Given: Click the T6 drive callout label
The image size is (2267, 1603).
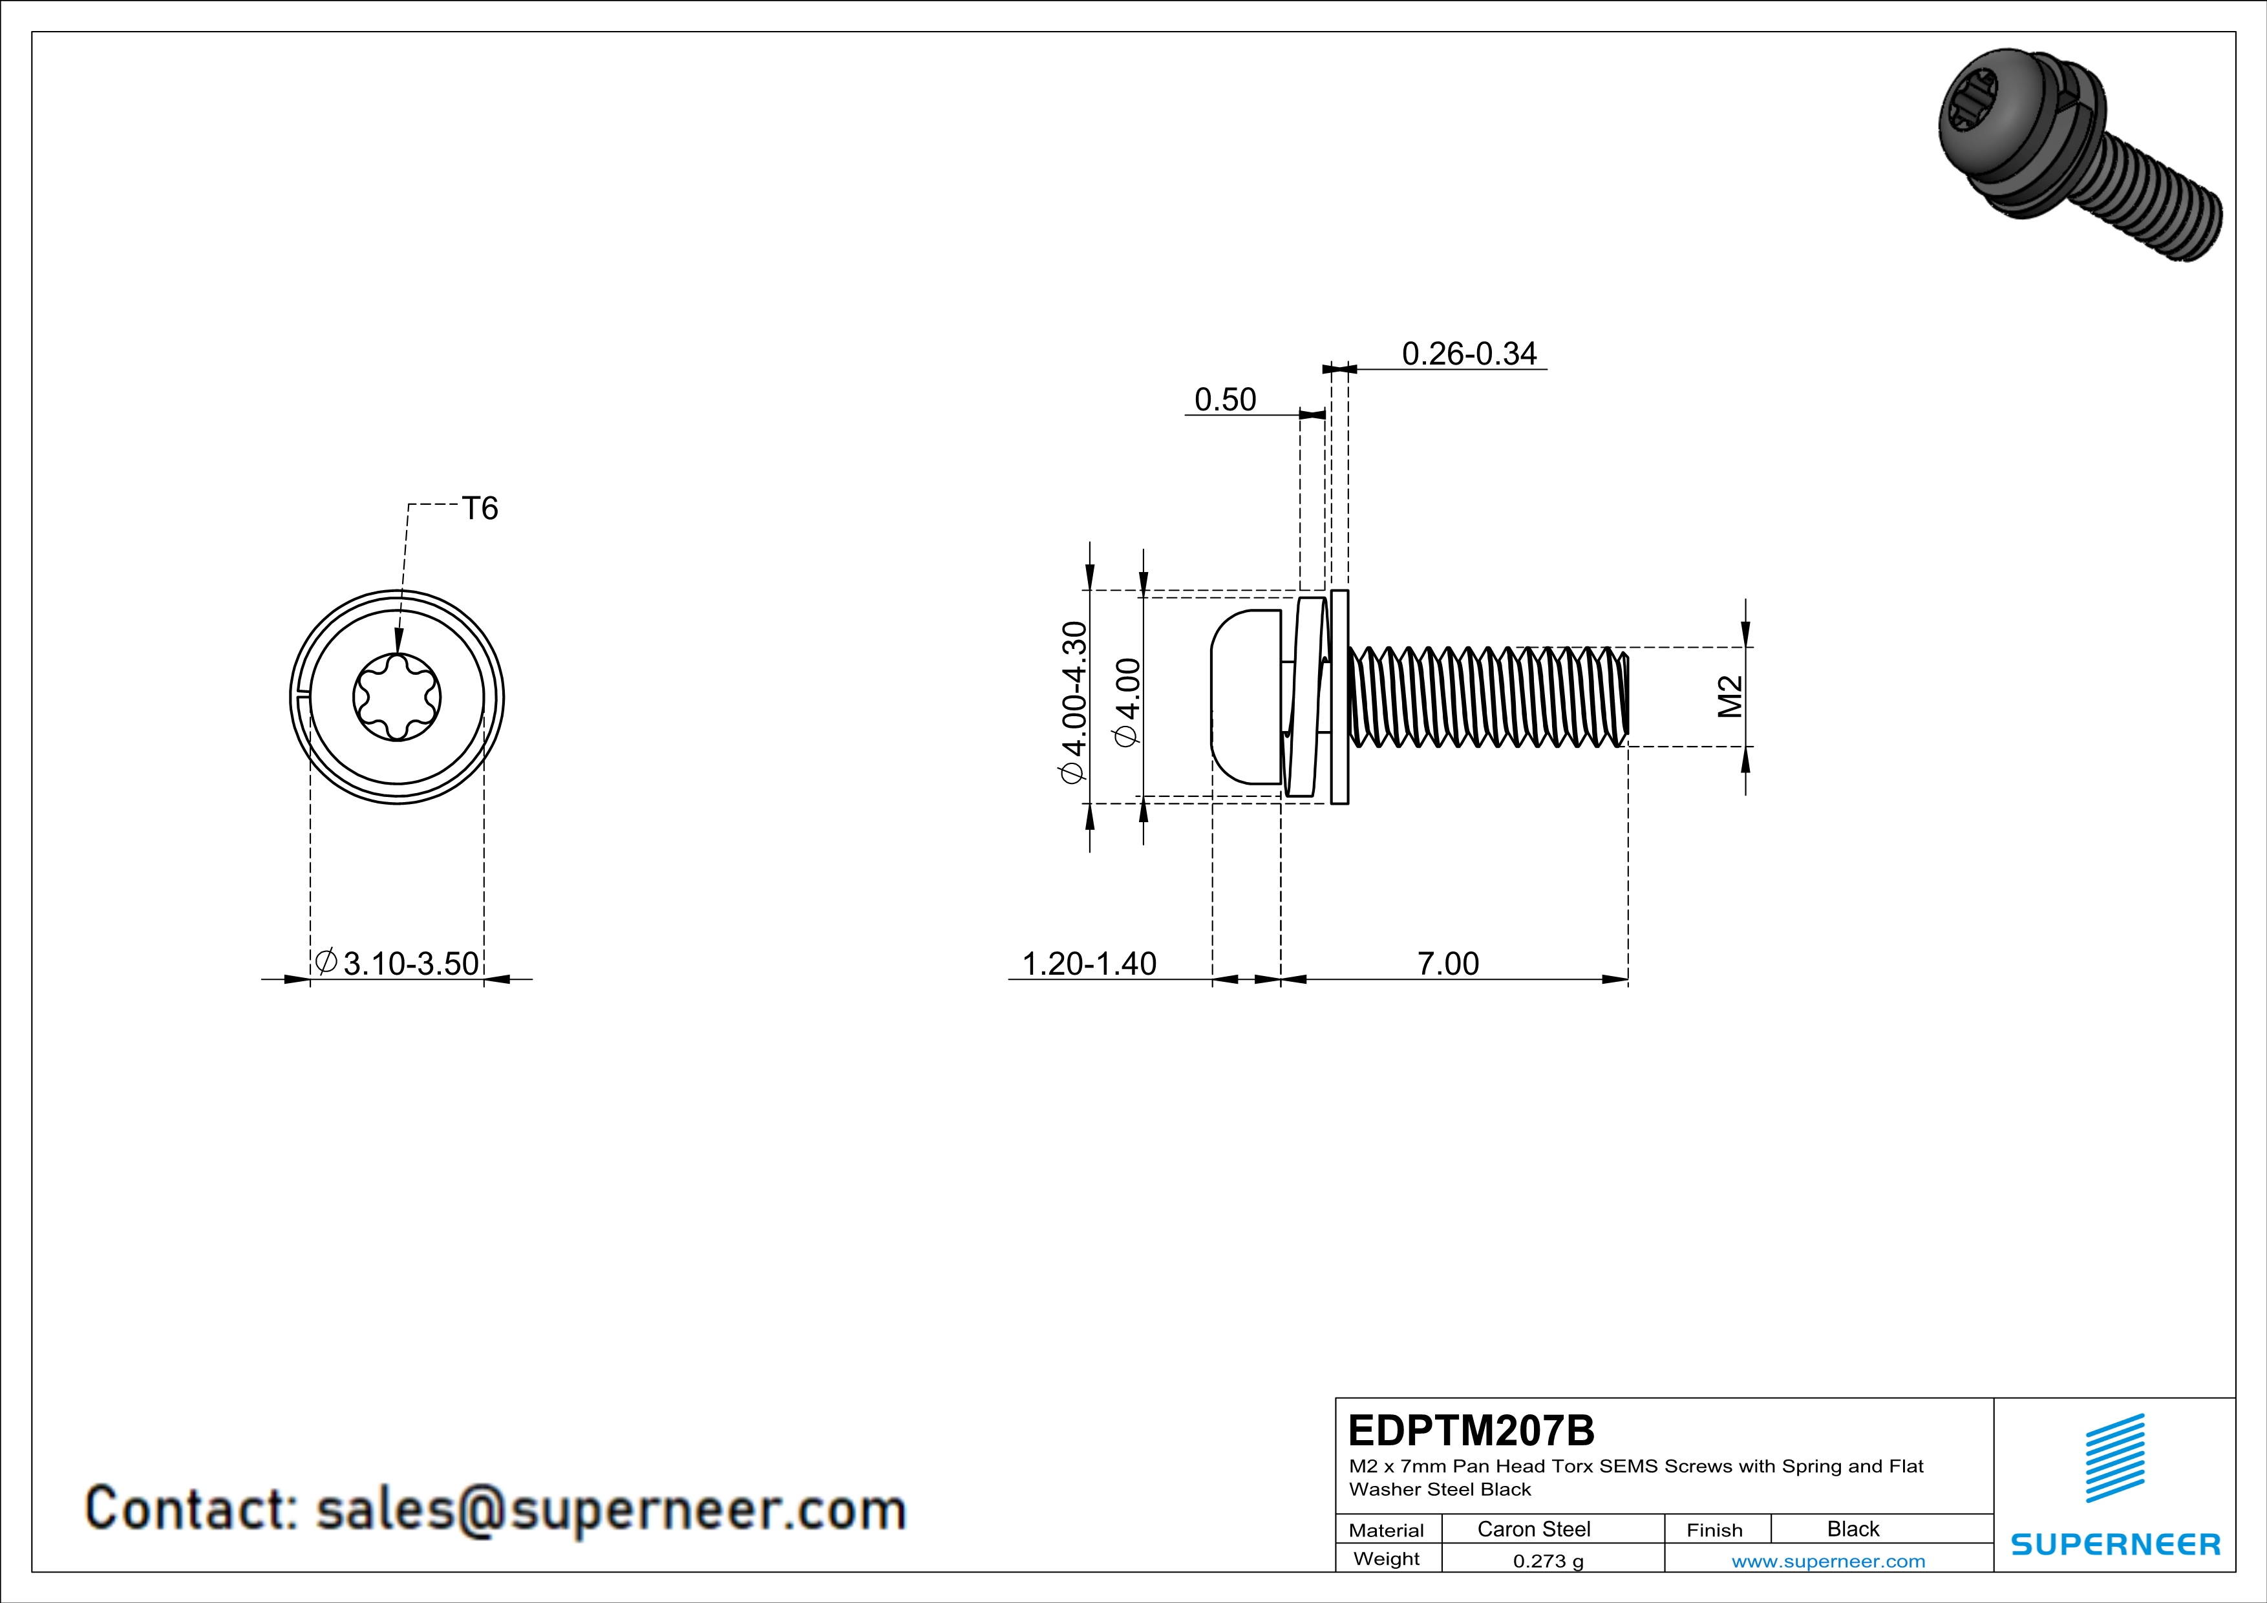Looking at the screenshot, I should pyautogui.click(x=480, y=508).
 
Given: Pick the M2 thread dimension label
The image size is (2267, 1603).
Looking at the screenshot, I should pyautogui.click(x=1730, y=696).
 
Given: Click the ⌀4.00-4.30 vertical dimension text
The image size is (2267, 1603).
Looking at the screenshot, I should pyautogui.click(x=1073, y=702).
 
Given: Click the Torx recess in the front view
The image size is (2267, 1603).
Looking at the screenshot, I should pyautogui.click(x=397, y=697).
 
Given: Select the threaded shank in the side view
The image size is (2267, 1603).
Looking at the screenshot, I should pyautogui.click(x=1487, y=697).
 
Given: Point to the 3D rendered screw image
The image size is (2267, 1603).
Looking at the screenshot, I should pyautogui.click(x=2078, y=153).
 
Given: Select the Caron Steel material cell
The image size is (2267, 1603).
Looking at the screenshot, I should pyautogui.click(x=1533, y=1529).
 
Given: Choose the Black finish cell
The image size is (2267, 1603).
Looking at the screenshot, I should pyautogui.click(x=1852, y=1529).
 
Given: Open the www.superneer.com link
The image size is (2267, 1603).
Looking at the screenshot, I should pyautogui.click(x=1827, y=1560).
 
